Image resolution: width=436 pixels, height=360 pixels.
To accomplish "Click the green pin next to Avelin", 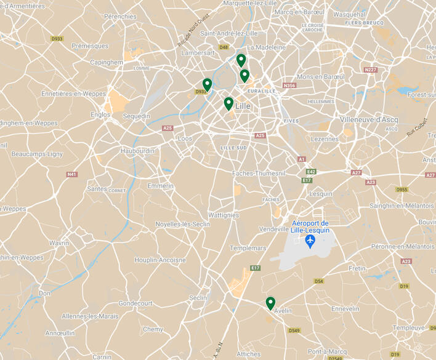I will [270, 303].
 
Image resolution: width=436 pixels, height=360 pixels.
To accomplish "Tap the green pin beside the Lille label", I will [228, 103].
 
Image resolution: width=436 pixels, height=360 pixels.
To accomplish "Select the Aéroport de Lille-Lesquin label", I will [310, 226].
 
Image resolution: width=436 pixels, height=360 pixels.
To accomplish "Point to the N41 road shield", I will [72, 174].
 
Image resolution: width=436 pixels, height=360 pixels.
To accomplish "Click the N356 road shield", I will [289, 86].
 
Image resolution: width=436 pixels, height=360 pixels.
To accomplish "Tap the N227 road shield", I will [370, 70].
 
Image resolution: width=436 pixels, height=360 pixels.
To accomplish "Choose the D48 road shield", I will [224, 47].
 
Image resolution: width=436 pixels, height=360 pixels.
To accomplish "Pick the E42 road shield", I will [311, 172].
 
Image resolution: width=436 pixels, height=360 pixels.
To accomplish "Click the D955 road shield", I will [402, 190].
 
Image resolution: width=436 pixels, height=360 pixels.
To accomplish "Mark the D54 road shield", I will [318, 281].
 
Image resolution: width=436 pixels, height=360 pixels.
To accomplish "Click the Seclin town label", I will [198, 298].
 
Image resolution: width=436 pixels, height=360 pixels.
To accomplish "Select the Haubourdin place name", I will [138, 151].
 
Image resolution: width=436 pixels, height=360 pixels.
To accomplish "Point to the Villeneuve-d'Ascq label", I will [369, 119].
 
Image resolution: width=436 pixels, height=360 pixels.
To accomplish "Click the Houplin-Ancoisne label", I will [160, 260].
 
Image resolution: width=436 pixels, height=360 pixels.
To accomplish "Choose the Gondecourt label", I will [135, 303].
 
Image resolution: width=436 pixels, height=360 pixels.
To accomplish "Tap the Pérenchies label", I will [121, 17].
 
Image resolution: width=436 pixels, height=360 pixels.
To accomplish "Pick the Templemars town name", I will [247, 248].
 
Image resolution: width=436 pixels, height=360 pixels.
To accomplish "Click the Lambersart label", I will [198, 53].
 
